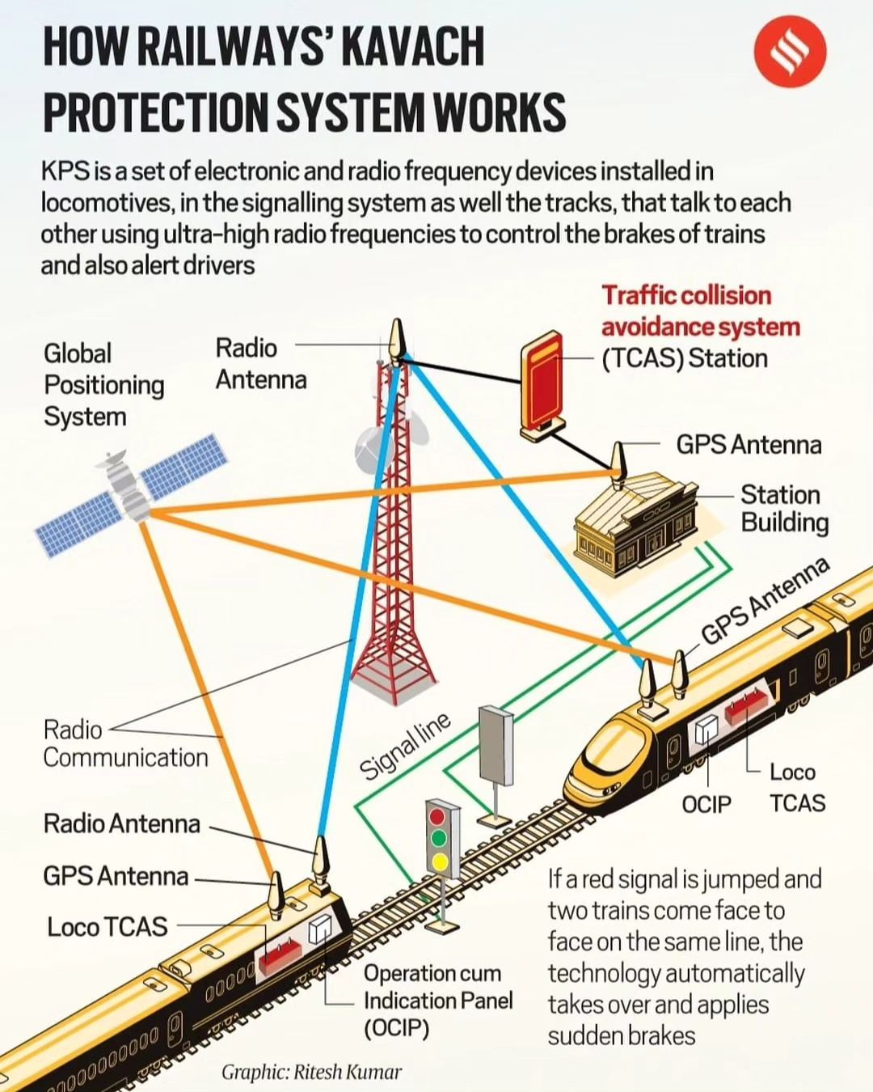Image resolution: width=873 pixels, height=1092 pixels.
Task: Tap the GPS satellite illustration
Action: tap(129, 493)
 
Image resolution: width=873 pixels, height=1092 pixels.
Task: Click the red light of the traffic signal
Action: tap(438, 814)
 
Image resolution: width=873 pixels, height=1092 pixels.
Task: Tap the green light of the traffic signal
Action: tap(439, 838)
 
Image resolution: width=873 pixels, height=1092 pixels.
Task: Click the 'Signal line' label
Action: tap(404, 747)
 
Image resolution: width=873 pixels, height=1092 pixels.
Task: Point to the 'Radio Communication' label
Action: tap(125, 743)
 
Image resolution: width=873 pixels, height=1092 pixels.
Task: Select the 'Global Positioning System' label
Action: tap(103, 385)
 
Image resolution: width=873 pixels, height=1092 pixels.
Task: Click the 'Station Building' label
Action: tap(784, 509)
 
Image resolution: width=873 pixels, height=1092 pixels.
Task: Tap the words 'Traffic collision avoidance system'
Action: tap(700, 311)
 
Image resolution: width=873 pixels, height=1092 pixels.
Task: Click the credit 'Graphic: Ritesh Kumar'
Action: tap(311, 1073)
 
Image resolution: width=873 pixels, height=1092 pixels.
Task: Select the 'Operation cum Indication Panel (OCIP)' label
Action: tap(437, 1001)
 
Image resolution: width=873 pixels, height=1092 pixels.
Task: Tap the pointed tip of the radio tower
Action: tap(396, 335)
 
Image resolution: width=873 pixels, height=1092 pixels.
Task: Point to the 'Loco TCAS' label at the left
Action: tap(107, 927)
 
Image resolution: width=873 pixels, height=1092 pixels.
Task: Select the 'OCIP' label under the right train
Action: tap(706, 804)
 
